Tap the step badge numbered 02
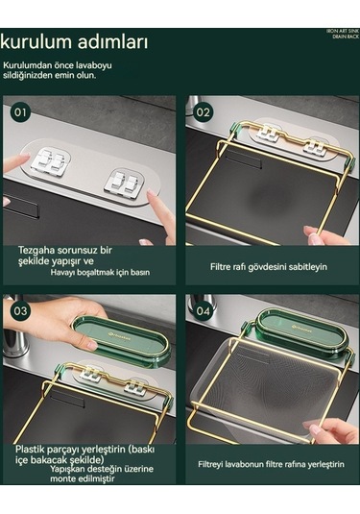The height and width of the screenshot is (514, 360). (203, 111)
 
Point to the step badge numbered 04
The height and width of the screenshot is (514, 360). (203, 311)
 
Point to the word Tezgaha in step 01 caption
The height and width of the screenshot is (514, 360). (38, 249)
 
